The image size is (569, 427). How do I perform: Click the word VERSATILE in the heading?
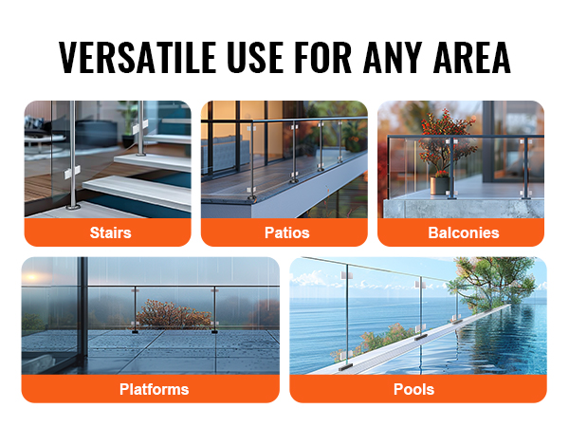point(138,57)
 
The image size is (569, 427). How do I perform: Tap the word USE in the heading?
point(255,57)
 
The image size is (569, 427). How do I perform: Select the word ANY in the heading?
point(393,57)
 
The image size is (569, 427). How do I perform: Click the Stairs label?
point(110,232)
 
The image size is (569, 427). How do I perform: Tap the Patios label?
point(287,232)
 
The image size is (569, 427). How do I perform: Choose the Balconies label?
point(464,232)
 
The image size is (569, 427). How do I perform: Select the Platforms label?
point(155,389)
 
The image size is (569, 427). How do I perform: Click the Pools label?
point(414,389)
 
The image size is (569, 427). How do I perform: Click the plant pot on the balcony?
point(439,186)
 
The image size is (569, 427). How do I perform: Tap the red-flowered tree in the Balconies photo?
point(446,142)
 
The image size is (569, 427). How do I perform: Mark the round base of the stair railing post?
point(74,207)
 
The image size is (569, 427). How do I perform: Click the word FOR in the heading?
point(323,57)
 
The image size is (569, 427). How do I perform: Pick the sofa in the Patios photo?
point(226,153)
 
